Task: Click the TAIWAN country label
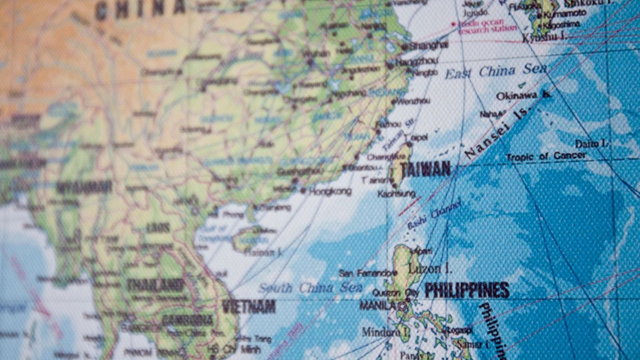click(426, 169)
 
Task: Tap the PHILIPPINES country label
click(467, 290)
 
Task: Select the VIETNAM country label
click(249, 307)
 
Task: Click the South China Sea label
click(310, 288)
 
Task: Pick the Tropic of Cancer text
click(546, 156)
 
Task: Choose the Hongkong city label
click(330, 192)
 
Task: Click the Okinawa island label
click(516, 96)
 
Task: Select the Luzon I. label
click(430, 269)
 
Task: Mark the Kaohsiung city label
click(396, 194)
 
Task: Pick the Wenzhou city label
click(414, 102)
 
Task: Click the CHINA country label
click(140, 8)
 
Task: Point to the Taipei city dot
click(409, 144)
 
